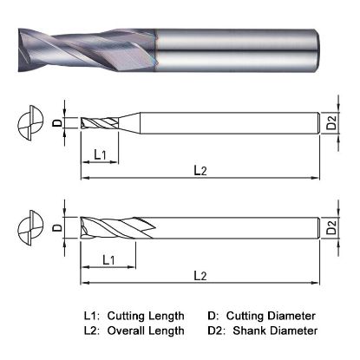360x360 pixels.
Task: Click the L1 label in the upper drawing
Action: click(100, 154)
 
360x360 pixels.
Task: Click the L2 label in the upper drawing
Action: click(200, 172)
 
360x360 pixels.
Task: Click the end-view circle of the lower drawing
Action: click(32, 229)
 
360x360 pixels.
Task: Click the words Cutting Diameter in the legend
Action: click(272, 316)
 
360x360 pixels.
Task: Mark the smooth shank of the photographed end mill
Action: click(234, 43)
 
